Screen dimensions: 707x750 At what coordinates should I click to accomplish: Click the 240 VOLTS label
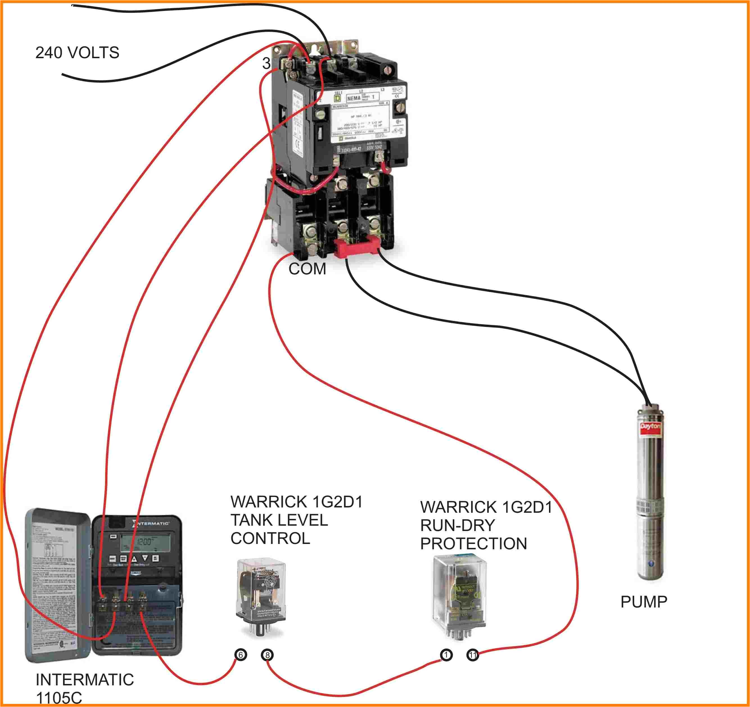(77, 53)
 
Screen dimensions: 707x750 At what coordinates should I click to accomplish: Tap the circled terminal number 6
(241, 654)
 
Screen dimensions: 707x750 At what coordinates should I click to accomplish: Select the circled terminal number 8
(267, 654)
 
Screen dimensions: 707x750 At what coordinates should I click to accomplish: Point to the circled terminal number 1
(446, 654)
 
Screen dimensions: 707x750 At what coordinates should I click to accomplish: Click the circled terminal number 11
(473, 654)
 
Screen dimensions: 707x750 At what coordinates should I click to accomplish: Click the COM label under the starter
(307, 269)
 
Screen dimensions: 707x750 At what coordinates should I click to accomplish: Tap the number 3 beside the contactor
(266, 63)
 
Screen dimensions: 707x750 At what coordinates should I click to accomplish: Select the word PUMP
(644, 602)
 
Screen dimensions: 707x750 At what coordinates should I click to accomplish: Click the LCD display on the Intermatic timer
(145, 542)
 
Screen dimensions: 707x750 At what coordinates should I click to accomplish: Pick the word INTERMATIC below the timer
(85, 680)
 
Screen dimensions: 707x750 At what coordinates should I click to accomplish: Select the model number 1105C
(58, 698)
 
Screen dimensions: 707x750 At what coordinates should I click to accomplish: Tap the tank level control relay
(261, 592)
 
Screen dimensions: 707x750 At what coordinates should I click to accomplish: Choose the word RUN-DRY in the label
(457, 525)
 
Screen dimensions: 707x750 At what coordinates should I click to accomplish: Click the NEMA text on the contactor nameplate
(354, 98)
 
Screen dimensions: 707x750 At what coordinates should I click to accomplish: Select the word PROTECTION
(473, 544)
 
